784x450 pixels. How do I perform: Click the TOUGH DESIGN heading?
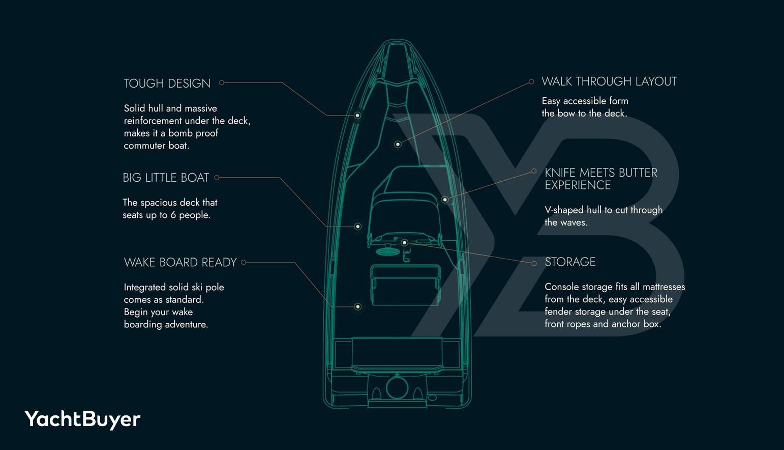coord(167,83)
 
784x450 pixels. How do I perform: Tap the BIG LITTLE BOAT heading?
coord(166,178)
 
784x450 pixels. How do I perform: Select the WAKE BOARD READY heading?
coord(180,263)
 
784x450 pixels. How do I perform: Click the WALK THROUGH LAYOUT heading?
coord(609,81)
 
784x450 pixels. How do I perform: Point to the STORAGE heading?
coord(570,262)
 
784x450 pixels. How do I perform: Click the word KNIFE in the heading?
coord(560,173)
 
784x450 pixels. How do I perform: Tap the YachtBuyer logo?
coord(82,419)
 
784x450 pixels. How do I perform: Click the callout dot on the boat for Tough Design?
coord(357,116)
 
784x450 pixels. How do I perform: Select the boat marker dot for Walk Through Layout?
coord(398,145)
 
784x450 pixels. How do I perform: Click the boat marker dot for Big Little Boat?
coord(358,227)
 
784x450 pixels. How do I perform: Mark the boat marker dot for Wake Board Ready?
coord(358,307)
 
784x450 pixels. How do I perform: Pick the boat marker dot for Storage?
coord(404,242)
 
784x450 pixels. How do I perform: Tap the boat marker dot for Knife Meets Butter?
coord(444,200)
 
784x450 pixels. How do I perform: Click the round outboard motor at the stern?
coord(397,387)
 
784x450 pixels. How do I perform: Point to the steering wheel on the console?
coord(385,251)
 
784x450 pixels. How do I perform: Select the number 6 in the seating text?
coord(173,215)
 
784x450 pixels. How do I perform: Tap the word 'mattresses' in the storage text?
coord(664,287)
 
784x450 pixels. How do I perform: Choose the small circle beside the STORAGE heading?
coord(534,264)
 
